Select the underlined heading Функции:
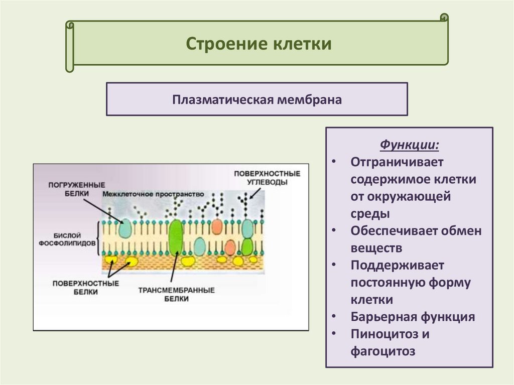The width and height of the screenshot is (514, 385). click(409, 146)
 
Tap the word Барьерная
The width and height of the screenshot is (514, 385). click(383, 317)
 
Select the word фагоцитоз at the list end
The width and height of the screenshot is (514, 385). click(383, 351)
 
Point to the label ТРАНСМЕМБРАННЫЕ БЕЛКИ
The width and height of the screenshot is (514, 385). click(176, 294)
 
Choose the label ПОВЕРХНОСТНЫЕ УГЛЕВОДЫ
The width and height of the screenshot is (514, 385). click(267, 178)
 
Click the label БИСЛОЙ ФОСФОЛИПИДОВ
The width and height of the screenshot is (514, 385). click(67, 238)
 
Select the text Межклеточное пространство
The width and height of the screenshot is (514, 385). click(153, 194)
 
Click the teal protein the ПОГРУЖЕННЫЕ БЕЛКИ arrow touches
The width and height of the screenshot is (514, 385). click(125, 228)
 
